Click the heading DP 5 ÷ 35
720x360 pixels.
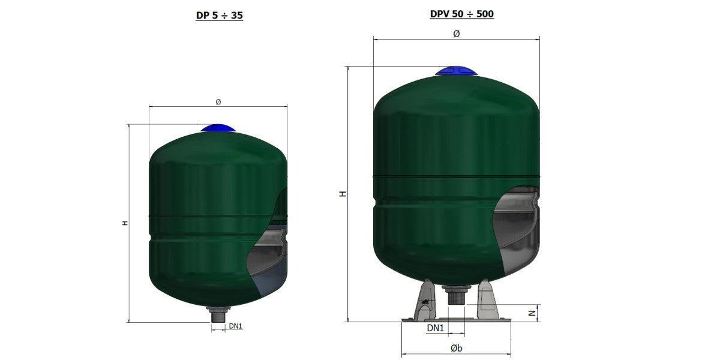coord(220,15)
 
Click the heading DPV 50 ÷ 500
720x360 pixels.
coord(462,14)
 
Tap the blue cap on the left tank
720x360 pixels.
coord(218,128)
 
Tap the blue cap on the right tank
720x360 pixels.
coord(456,71)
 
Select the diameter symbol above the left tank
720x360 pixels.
coord(218,102)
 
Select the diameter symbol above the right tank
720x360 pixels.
coord(457,34)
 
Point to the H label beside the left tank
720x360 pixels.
coord(125,223)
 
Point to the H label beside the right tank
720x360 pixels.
coord(344,194)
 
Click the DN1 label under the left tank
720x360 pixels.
coord(235,326)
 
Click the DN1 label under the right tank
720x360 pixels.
coord(435,328)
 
